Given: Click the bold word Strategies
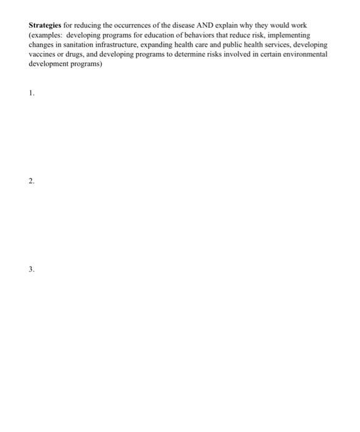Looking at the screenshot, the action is tap(45, 26).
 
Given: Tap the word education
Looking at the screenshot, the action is tap(150, 36).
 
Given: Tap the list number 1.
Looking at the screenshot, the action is tap(31, 93).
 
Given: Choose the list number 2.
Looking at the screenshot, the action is tap(31, 181).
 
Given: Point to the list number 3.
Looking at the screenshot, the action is tap(31, 270).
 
